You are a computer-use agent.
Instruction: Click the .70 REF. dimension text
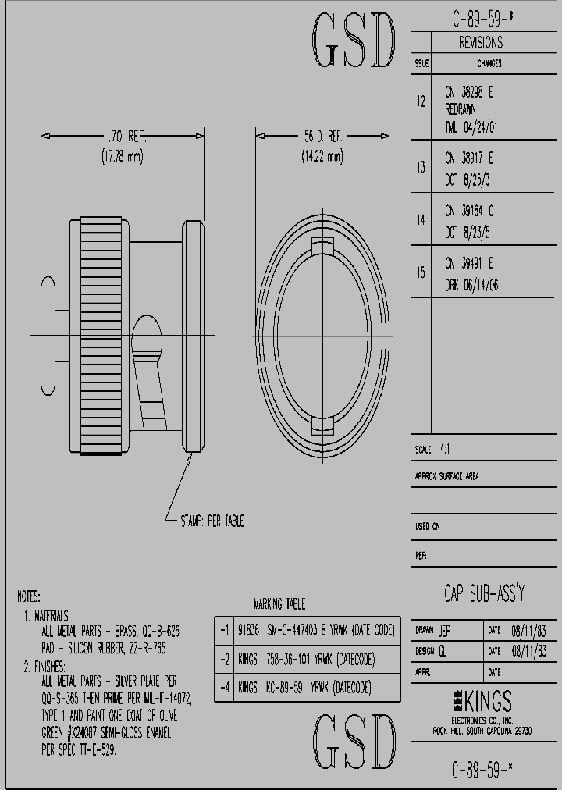click(x=123, y=136)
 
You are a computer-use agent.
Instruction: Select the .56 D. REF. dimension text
click(x=322, y=136)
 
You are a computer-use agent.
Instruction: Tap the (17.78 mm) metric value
click(x=123, y=156)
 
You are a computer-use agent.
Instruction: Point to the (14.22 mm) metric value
click(x=322, y=156)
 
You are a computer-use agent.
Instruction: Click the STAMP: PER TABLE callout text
click(x=212, y=521)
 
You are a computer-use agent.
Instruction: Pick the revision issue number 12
click(x=421, y=101)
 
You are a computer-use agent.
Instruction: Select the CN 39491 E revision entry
click(x=469, y=264)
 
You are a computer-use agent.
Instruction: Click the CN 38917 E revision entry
click(x=469, y=159)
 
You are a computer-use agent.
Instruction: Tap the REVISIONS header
click(x=480, y=43)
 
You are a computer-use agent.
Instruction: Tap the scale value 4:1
click(x=445, y=450)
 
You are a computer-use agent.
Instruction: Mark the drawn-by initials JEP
click(x=444, y=629)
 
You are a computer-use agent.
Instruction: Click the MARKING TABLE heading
click(x=279, y=604)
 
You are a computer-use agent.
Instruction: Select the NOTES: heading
click(x=29, y=596)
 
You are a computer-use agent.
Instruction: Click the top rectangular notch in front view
click(x=322, y=247)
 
